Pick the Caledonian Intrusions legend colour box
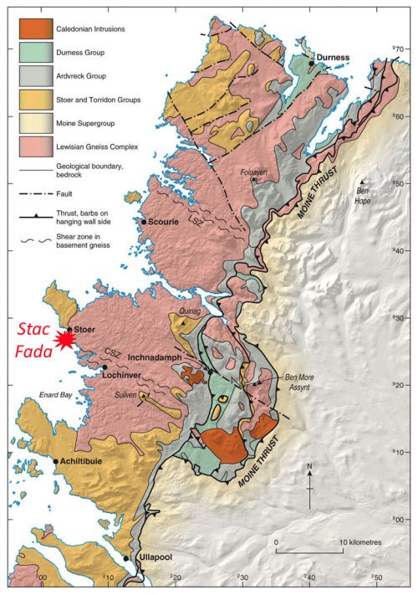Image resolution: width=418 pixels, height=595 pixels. (x=33, y=29)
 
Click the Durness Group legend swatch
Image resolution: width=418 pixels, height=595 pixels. (x=33, y=54)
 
